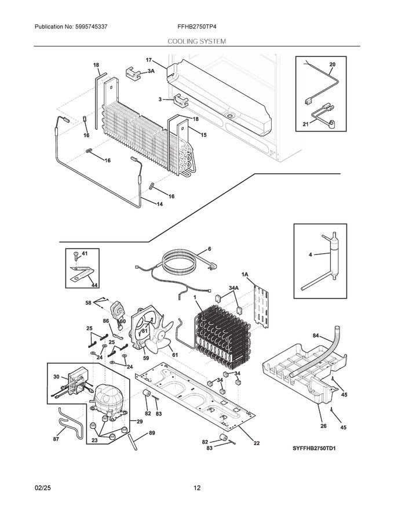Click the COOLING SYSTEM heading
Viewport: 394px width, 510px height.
point(197,42)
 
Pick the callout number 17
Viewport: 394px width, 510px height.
point(148,60)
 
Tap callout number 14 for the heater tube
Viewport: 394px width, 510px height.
point(160,203)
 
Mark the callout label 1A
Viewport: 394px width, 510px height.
point(245,274)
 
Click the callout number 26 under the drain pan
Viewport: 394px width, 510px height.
point(323,426)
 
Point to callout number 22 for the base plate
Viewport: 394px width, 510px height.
point(257,443)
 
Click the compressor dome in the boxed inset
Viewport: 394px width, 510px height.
point(107,398)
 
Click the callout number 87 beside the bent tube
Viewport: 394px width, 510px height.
point(56,439)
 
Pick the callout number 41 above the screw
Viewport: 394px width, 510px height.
point(85,254)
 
